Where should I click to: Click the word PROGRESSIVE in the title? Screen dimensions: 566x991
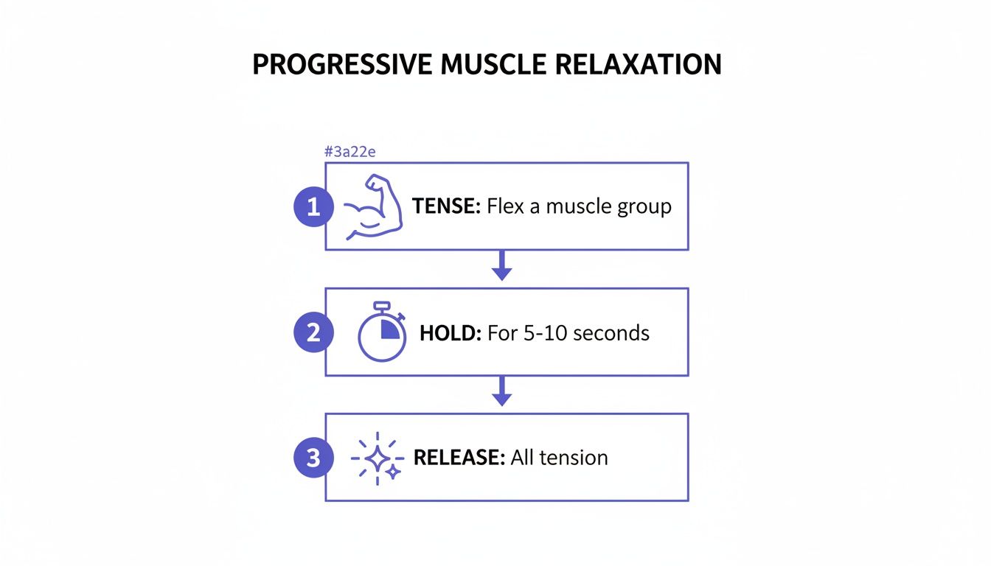click(x=343, y=65)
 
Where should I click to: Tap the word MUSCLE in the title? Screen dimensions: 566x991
click(x=494, y=65)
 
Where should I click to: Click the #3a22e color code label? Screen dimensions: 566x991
click(x=351, y=152)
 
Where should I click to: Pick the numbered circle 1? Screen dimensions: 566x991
click(x=313, y=207)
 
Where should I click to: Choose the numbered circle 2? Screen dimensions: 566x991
click(x=313, y=333)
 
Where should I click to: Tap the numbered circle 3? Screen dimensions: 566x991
click(x=313, y=458)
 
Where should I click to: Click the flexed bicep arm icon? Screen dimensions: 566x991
click(x=374, y=207)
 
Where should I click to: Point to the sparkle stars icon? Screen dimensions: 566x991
click(x=377, y=458)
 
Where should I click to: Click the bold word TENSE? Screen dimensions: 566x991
click(x=446, y=206)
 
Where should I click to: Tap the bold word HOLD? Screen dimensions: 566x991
click(x=450, y=333)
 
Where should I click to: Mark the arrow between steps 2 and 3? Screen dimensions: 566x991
click(x=502, y=391)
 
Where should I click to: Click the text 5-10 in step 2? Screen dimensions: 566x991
click(x=543, y=333)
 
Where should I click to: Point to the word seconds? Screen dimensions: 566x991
click(x=611, y=333)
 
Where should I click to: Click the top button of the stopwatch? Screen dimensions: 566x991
click(x=381, y=305)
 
